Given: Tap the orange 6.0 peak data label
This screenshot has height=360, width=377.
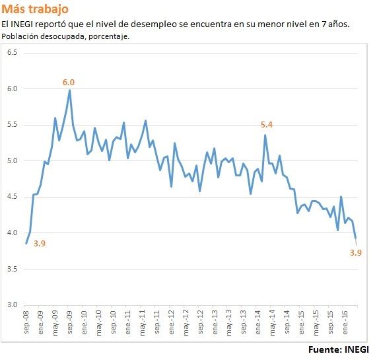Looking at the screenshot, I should (x=69, y=83).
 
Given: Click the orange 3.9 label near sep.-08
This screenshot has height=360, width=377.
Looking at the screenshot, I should (x=39, y=244).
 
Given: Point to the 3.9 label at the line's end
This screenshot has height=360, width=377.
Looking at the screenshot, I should (x=356, y=252).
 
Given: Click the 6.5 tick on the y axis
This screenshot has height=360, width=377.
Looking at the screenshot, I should (x=12, y=52).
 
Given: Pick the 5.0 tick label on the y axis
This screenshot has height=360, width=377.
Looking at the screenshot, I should (x=12, y=161).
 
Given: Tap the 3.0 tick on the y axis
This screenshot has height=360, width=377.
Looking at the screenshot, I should (x=12, y=305).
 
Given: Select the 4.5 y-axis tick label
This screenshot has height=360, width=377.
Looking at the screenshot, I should (x=12, y=197).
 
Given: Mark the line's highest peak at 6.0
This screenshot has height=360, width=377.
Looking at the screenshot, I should (x=69, y=90).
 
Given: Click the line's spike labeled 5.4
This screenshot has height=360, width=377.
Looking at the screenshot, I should (x=265, y=135).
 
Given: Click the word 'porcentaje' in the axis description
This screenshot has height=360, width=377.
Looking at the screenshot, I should (x=106, y=36).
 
